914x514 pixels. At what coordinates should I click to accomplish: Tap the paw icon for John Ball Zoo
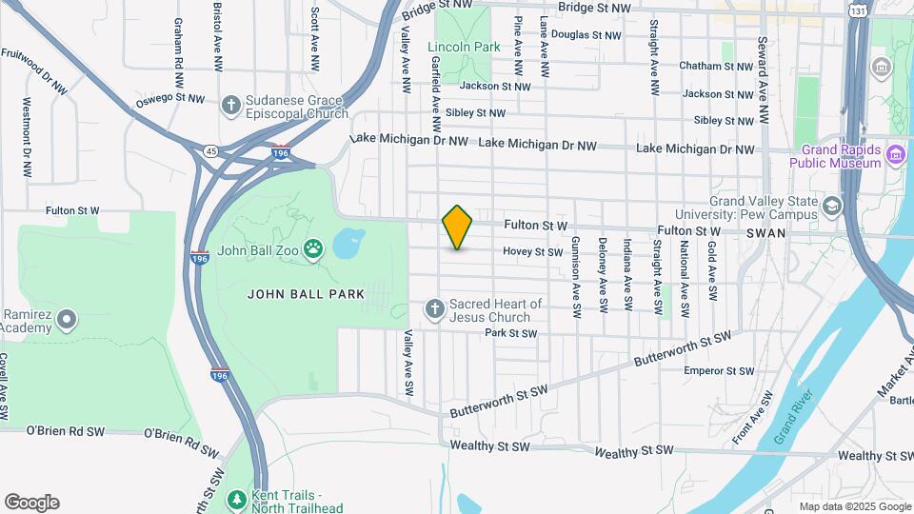click(x=313, y=250)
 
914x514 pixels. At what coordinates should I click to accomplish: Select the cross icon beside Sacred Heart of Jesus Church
click(x=434, y=308)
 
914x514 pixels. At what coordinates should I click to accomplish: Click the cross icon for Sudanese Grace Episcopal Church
click(x=229, y=105)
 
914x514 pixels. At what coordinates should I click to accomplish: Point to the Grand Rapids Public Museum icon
click(x=895, y=154)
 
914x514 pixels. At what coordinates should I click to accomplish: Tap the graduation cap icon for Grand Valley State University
click(x=832, y=207)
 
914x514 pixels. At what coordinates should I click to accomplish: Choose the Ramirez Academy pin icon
click(x=66, y=320)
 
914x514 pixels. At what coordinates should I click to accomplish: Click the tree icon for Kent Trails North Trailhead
click(x=236, y=498)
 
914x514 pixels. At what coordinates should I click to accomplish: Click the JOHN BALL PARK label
click(x=306, y=294)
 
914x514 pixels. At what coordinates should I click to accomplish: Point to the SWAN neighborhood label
click(x=765, y=232)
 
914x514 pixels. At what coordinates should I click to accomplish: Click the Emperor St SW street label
click(x=720, y=371)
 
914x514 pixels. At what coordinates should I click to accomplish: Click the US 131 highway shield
click(x=859, y=10)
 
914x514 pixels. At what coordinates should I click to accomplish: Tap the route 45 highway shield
click(x=209, y=149)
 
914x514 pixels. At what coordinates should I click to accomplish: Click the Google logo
click(x=31, y=503)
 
